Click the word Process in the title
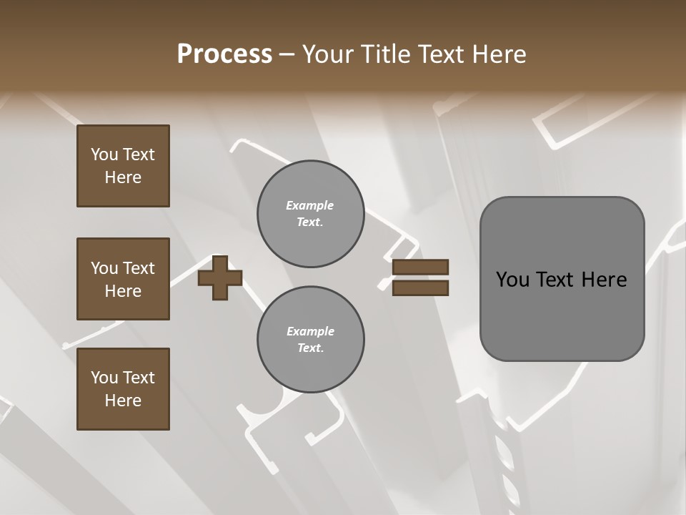point(224,54)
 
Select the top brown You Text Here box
point(123,166)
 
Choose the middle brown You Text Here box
point(123,279)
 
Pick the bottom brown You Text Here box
point(123,389)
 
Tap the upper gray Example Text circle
point(310,214)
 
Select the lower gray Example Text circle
point(310,340)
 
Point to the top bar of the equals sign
point(421,267)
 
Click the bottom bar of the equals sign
point(421,288)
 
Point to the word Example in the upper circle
point(310,205)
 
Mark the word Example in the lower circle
point(310,331)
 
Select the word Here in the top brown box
point(123,177)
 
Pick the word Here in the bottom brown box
point(123,401)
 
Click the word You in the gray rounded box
point(512,280)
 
